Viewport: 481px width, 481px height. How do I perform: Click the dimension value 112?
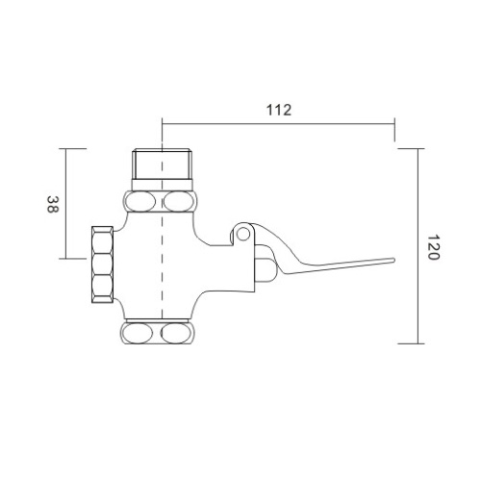277,109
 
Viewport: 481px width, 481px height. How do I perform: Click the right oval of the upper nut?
179,201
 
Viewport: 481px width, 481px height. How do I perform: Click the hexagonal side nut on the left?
100,264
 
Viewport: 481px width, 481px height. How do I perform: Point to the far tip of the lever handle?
392,260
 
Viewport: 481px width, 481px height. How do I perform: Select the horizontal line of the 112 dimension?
277,123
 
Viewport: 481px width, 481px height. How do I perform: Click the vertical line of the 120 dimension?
419,246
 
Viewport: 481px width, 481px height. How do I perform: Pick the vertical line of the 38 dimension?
65,204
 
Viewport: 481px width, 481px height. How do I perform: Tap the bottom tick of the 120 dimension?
412,343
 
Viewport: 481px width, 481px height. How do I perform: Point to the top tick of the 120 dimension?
412,149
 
